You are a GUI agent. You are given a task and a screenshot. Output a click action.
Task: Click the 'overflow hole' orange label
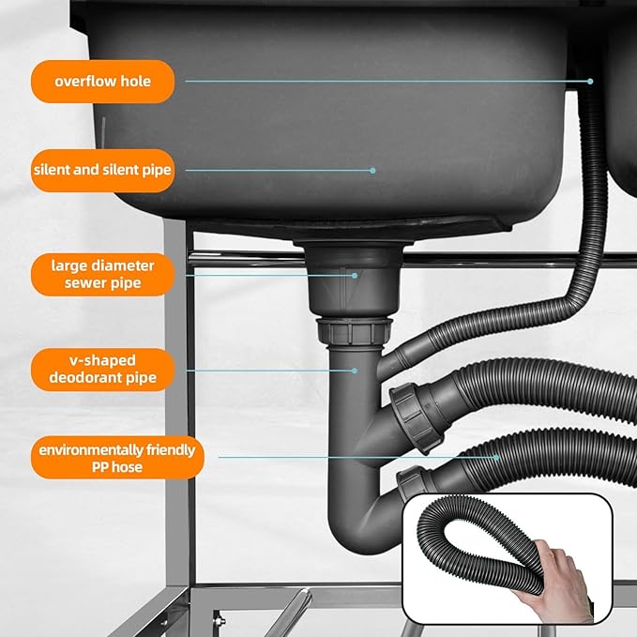pos(103,82)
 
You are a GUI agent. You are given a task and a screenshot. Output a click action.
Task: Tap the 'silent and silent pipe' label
pos(103,170)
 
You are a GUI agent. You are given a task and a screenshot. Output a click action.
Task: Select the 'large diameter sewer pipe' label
pos(103,274)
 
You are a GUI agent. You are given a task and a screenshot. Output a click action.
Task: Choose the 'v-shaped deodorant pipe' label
pos(103,370)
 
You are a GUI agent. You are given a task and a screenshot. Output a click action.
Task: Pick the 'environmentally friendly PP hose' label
pos(117,458)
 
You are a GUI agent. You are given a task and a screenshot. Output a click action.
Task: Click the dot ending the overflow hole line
pos(590,82)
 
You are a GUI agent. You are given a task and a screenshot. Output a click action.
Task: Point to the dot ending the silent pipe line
pos(372,171)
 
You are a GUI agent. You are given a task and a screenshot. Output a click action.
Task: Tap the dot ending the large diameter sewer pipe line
pos(355,276)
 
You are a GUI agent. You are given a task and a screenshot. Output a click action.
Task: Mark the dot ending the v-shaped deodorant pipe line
pos(355,371)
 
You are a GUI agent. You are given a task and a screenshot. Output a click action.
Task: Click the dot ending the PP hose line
pos(496,458)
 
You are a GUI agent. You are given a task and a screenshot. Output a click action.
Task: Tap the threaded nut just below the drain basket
pos(355,331)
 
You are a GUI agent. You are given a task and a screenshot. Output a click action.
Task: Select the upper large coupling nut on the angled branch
pos(416,418)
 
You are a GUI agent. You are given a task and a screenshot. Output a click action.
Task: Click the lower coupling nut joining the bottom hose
pos(413,483)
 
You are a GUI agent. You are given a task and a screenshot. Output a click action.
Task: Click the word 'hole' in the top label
pos(135,82)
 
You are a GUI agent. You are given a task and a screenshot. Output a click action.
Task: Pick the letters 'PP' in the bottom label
pos(99,467)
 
